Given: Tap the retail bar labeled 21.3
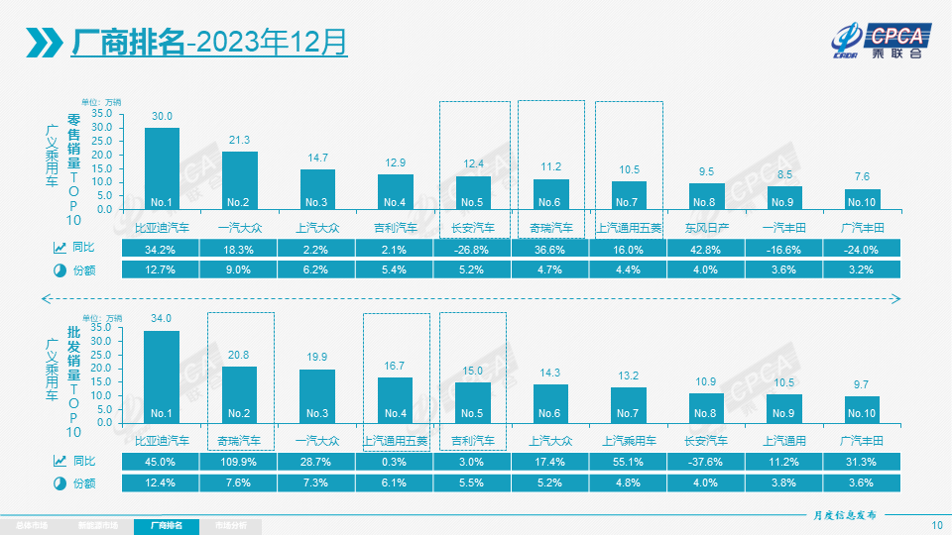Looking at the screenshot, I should pyautogui.click(x=239, y=179).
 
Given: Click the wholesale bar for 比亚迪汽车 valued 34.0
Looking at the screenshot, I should pyautogui.click(x=162, y=375).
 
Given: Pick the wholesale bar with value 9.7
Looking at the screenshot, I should pyautogui.click(x=862, y=408).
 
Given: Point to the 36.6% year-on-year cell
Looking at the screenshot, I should pyautogui.click(x=551, y=249).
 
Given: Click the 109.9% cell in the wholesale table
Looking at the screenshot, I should pyautogui.click(x=239, y=462).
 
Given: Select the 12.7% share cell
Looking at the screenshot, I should pyautogui.click(x=162, y=269).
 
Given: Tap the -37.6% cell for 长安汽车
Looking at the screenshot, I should pyautogui.click(x=707, y=462).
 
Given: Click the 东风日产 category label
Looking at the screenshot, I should pyautogui.click(x=706, y=228).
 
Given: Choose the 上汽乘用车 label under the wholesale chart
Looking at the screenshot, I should pyautogui.click(x=629, y=441).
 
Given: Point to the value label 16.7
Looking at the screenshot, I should pyautogui.click(x=396, y=367).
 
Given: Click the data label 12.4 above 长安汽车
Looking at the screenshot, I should pyautogui.click(x=473, y=163).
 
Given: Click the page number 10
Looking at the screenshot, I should pyautogui.click(x=937, y=524).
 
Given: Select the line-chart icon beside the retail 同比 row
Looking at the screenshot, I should pyautogui.click(x=59, y=249).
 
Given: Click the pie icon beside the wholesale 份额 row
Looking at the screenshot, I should pyautogui.click(x=59, y=482).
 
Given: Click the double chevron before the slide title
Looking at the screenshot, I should pyautogui.click(x=46, y=42).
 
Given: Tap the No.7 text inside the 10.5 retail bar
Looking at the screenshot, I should pyautogui.click(x=629, y=203).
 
